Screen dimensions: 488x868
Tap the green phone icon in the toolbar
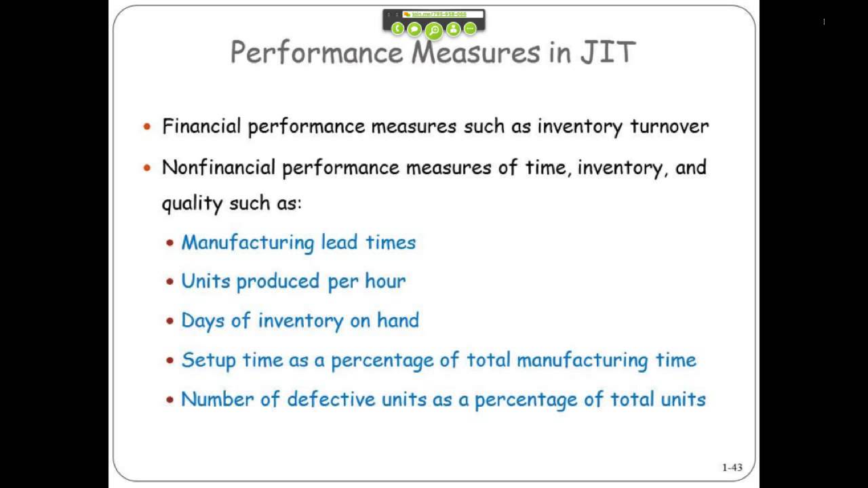coord(397,28)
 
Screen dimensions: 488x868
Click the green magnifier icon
coord(434,30)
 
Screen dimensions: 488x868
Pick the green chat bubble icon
coord(414,28)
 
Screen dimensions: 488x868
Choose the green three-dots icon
coord(470,28)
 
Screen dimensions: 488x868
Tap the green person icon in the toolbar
coord(453,28)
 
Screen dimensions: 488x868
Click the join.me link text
coord(439,14)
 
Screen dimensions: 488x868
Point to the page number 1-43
coord(732,467)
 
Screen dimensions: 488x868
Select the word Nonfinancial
coord(218,167)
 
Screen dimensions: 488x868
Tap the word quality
coord(192,204)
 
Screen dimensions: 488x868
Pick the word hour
coord(385,281)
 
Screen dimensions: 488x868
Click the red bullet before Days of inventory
coord(170,321)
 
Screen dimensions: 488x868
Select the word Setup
coord(208,360)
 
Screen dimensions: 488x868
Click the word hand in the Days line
coord(398,320)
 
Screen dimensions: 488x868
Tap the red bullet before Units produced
coord(170,281)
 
